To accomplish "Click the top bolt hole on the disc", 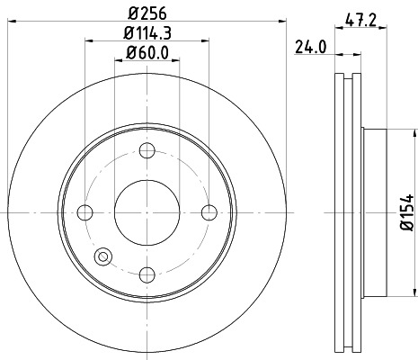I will pos(147,150).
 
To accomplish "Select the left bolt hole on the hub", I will pos(86,212).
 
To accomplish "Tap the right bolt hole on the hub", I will pos(209,212).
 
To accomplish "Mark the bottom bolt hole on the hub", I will pos(147,274).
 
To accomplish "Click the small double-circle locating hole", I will pos(102,257).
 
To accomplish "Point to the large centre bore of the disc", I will pos(147,212).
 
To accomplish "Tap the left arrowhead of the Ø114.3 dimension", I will pos(89,41).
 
